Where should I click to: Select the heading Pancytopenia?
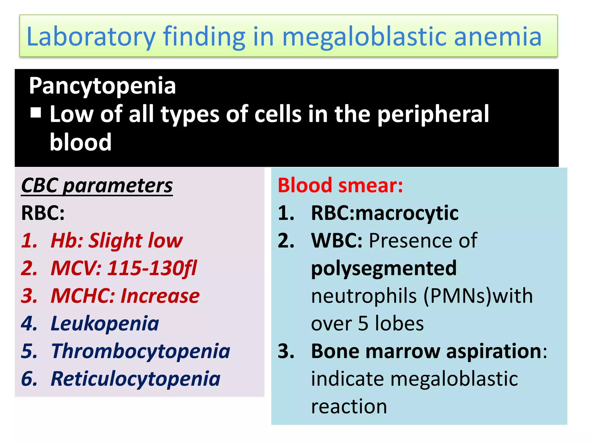[x=102, y=86]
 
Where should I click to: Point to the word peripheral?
[x=433, y=114]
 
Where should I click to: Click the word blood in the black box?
[x=80, y=142]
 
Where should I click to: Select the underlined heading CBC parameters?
[x=97, y=185]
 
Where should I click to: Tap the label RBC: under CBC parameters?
[x=43, y=213]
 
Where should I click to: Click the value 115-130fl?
[x=152, y=268]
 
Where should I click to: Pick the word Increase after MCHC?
[x=160, y=296]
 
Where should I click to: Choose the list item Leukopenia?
[x=105, y=323]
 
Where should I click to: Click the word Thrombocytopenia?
[x=140, y=351]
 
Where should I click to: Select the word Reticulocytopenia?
[x=135, y=379]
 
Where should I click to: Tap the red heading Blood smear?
[x=340, y=185]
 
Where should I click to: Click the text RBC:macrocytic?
[x=384, y=213]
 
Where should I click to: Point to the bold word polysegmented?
[x=384, y=269]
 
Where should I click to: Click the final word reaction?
[x=349, y=407]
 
